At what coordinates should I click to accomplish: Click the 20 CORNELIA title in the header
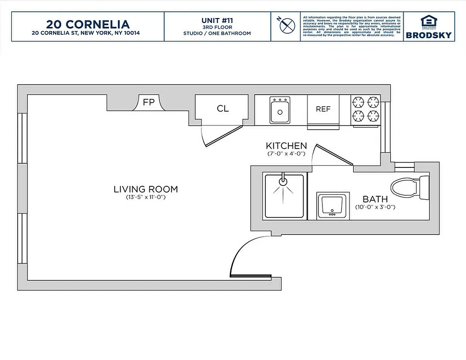click(88, 24)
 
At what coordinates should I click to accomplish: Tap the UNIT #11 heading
click(217, 20)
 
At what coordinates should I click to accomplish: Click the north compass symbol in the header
click(286, 26)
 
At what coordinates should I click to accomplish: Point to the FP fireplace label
click(148, 102)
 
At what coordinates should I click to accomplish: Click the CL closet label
click(223, 108)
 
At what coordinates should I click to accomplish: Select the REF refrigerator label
click(323, 109)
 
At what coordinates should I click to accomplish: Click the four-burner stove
click(366, 109)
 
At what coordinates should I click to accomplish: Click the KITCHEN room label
click(287, 146)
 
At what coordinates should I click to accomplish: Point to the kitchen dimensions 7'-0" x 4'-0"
click(287, 154)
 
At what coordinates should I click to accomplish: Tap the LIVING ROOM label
click(146, 189)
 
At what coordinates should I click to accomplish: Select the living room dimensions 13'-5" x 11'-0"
click(146, 198)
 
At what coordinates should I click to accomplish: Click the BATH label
click(375, 199)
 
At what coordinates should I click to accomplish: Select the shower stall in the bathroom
click(284, 197)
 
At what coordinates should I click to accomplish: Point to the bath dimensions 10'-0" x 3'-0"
click(375, 207)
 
